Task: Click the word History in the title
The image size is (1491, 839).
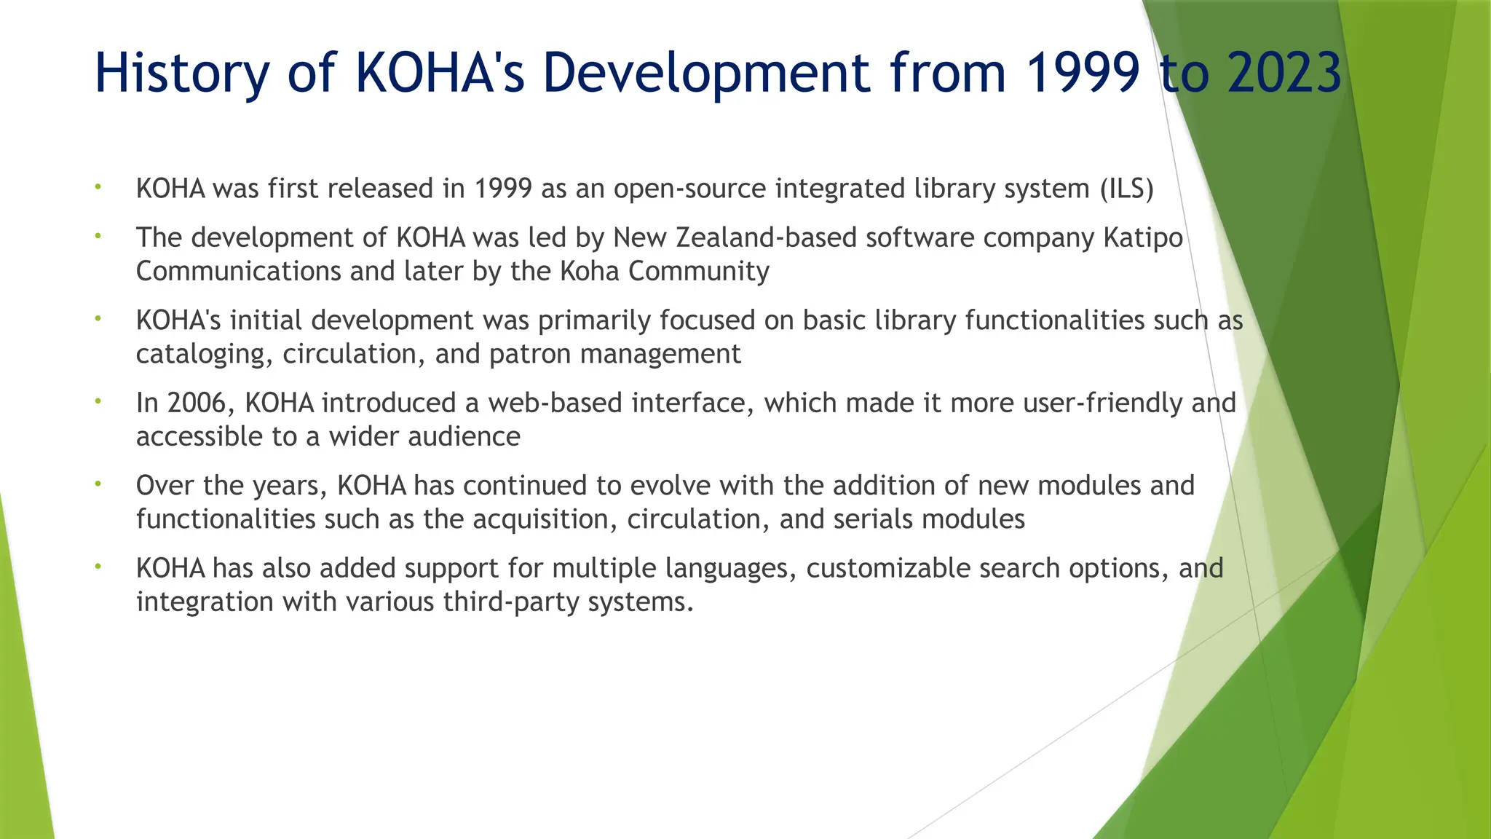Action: click(181, 74)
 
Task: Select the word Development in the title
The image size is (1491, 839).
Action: click(705, 74)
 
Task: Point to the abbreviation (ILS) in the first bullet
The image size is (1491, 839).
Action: click(1127, 189)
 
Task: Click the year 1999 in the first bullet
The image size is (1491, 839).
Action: click(503, 189)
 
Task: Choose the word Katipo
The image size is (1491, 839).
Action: click(1143, 238)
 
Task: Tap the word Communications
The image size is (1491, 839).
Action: click(238, 272)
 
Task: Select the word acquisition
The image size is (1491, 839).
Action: click(542, 519)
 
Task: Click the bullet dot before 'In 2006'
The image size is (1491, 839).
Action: click(97, 401)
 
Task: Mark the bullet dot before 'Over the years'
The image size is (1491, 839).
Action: click(97, 484)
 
